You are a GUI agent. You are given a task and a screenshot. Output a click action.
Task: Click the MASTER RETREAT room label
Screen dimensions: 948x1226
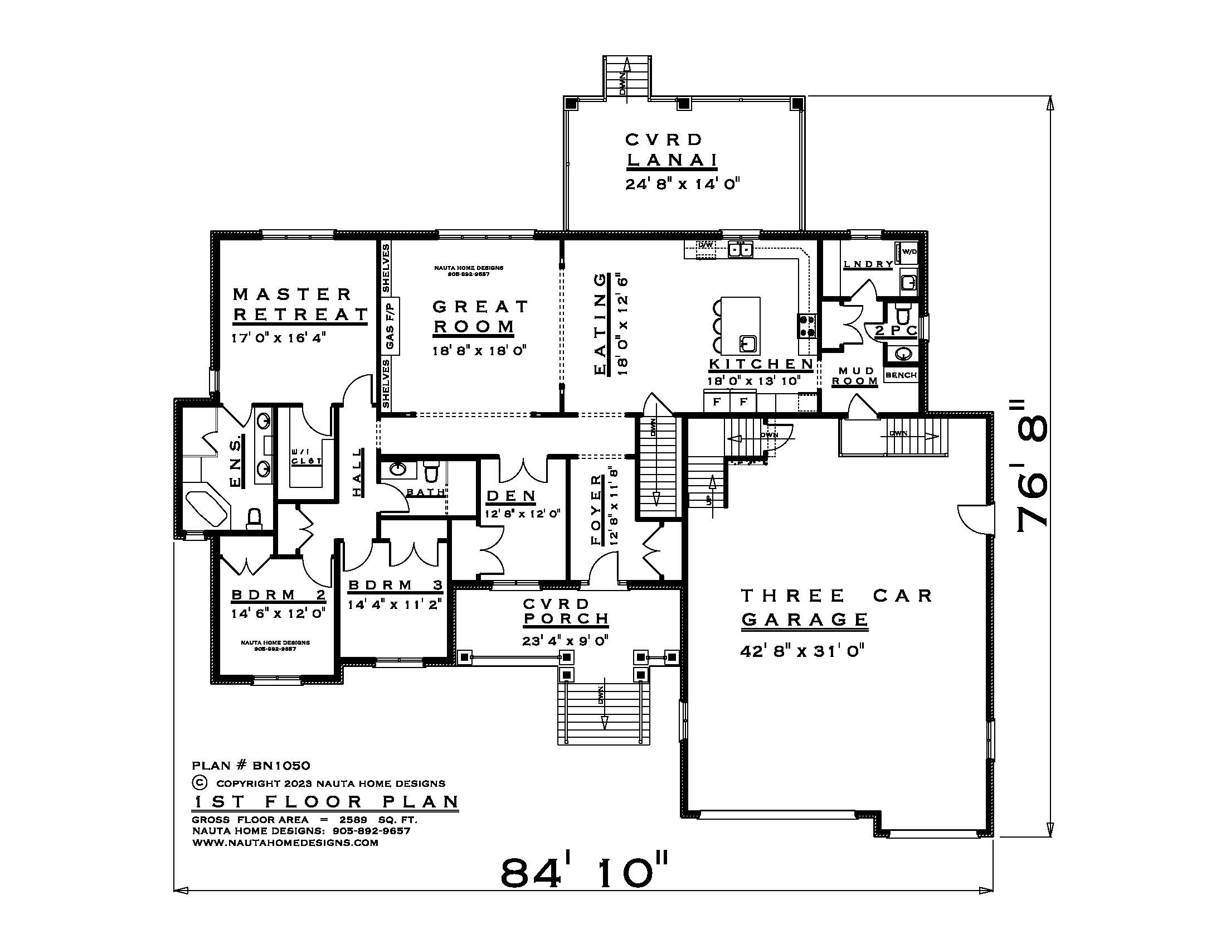point(300,304)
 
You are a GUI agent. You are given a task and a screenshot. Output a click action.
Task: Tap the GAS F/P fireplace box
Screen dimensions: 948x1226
point(391,326)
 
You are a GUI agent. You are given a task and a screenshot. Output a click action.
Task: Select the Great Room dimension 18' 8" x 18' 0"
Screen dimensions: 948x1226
point(479,351)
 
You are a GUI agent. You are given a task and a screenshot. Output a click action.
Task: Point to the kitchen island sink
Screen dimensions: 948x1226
point(747,342)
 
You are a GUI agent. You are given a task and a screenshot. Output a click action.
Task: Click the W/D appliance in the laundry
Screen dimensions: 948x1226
point(909,251)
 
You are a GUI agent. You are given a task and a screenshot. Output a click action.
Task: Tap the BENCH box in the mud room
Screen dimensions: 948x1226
point(901,375)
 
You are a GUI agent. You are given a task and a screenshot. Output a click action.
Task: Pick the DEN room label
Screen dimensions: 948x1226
point(511,496)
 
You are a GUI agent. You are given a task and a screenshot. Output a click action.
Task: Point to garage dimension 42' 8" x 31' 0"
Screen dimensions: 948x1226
point(801,651)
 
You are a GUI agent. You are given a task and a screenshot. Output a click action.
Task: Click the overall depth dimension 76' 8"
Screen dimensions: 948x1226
point(1032,472)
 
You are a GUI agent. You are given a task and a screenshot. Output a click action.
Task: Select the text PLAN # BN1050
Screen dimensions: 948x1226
point(250,766)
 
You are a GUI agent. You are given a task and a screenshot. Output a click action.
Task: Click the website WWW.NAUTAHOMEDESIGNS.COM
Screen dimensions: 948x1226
point(285,843)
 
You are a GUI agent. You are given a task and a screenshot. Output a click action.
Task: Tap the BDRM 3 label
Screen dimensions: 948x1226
point(395,585)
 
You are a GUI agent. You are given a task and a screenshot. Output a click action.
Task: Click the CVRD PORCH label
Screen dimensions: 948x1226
point(566,611)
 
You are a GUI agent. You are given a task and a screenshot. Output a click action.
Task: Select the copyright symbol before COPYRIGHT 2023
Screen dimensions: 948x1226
point(200,782)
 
